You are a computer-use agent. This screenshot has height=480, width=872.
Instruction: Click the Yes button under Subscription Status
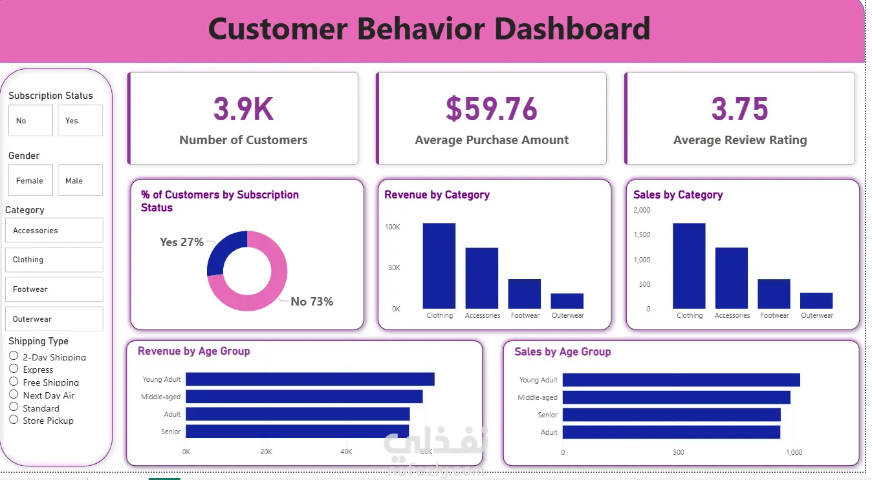[x=80, y=121]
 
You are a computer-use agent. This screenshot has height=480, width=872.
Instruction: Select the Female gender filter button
[x=30, y=181]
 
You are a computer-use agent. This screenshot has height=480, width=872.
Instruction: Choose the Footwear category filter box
[x=54, y=289]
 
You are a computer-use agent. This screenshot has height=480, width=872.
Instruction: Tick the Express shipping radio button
[x=14, y=369]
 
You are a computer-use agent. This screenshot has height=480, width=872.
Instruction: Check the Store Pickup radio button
[x=14, y=420]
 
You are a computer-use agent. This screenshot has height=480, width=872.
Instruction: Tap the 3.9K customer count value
[x=243, y=109]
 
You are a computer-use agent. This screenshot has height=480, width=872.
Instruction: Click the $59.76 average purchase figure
[x=492, y=109]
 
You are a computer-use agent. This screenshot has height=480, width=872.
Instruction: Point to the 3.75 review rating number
[x=739, y=109]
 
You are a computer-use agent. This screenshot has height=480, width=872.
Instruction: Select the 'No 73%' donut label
[x=311, y=302]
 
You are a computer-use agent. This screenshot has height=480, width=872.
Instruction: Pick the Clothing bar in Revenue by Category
[x=439, y=266]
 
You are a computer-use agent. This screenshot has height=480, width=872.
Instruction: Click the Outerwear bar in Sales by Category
[x=816, y=300]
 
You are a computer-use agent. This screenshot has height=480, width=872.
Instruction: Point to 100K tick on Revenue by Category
[x=393, y=227]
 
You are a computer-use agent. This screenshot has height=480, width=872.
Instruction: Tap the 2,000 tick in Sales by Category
[x=642, y=210]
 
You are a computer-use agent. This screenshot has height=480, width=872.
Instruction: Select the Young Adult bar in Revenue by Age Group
[x=310, y=379]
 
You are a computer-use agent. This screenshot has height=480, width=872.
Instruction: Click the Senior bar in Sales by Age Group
[x=671, y=415]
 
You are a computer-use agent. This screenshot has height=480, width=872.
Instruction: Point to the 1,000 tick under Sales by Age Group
[x=794, y=452]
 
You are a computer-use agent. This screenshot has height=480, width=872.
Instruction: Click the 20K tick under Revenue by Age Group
[x=266, y=452]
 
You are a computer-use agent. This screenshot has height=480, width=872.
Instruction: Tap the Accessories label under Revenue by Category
[x=483, y=315]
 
